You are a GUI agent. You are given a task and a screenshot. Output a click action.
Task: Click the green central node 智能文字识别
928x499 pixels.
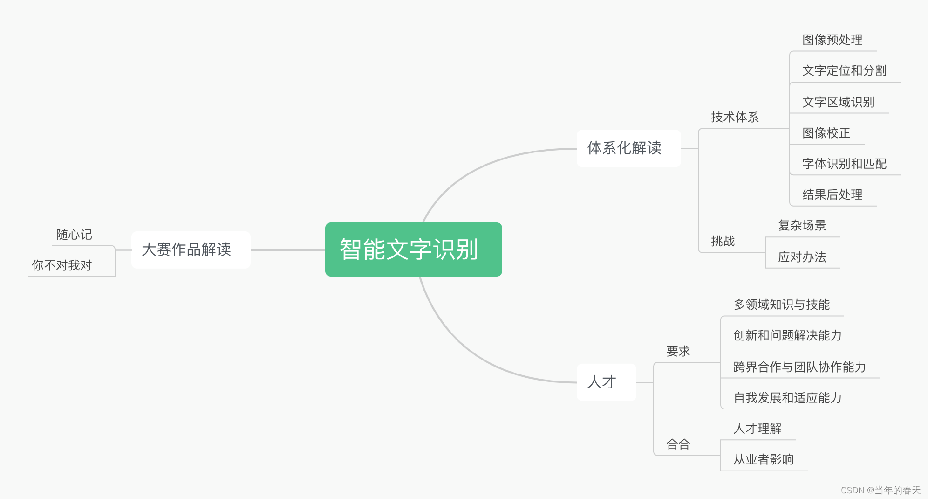[413, 249]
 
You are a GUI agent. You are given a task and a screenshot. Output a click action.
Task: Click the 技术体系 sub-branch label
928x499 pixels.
[735, 117]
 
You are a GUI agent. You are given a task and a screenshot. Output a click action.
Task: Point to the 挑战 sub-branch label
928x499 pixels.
[723, 241]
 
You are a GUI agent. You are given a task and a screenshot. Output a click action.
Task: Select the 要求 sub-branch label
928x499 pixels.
[678, 351]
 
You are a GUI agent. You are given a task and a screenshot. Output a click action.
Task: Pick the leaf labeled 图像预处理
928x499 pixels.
[832, 40]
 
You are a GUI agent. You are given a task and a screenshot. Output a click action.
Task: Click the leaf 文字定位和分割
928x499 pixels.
[844, 70]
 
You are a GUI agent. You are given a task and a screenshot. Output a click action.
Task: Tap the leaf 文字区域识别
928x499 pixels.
[838, 102]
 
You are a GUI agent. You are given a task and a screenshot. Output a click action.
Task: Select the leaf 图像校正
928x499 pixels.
[826, 133]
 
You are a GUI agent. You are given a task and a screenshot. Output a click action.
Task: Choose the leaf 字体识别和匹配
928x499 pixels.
[844, 164]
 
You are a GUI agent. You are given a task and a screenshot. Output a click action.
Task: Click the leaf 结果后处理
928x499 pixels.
[832, 194]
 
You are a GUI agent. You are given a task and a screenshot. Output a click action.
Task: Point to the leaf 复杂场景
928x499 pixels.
[802, 225]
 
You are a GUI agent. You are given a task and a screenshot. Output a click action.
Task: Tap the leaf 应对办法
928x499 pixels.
[802, 257]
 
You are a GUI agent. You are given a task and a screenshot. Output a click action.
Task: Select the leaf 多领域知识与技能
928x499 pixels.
[782, 305]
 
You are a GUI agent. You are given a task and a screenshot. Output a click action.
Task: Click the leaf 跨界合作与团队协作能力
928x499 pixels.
[799, 367]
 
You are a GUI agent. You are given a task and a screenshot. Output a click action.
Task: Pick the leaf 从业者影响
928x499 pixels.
[763, 459]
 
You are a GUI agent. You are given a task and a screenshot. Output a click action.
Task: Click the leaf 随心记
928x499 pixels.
[74, 235]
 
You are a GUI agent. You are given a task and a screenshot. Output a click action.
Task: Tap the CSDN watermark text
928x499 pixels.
[880, 490]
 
